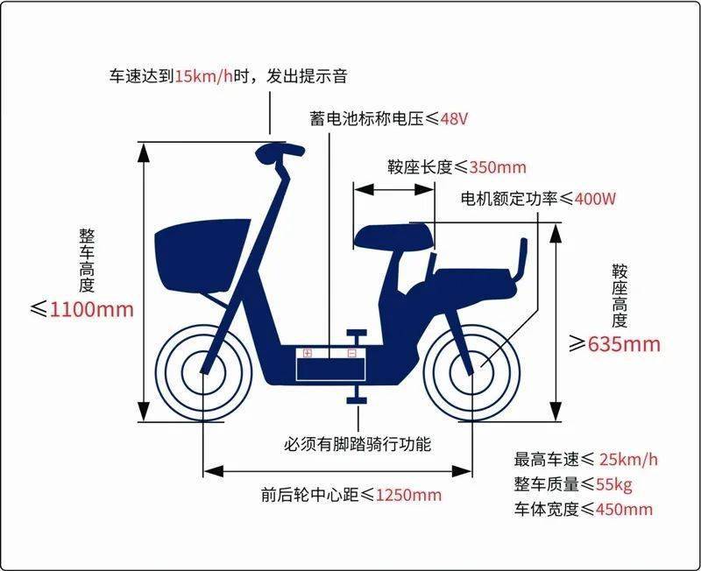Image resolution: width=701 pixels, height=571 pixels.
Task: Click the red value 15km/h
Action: point(203,76)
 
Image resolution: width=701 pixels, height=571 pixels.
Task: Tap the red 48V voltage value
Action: point(454,119)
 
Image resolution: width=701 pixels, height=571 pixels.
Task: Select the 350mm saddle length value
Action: point(498,167)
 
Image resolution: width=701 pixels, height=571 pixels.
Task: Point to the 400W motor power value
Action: point(595,199)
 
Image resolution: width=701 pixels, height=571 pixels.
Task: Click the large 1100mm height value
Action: point(92,309)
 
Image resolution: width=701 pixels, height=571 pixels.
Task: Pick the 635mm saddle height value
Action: point(624,343)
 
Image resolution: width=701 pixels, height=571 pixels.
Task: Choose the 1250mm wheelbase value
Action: point(408,495)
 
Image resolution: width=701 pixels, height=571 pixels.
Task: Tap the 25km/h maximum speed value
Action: point(628,459)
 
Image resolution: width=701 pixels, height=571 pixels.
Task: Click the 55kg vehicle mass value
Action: point(614,484)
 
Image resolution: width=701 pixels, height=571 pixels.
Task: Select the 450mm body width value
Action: point(624,509)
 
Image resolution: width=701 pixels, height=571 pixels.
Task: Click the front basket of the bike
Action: point(202,255)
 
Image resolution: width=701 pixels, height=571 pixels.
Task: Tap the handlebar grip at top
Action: point(280,151)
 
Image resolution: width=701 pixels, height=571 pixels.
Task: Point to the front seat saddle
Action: point(393,237)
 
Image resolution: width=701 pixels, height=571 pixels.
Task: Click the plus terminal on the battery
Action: point(308,353)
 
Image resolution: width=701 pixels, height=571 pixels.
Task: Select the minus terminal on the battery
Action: point(352,353)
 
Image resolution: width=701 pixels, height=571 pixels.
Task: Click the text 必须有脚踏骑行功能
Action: point(358,444)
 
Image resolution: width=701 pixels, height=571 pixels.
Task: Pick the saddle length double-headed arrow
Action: point(393,190)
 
